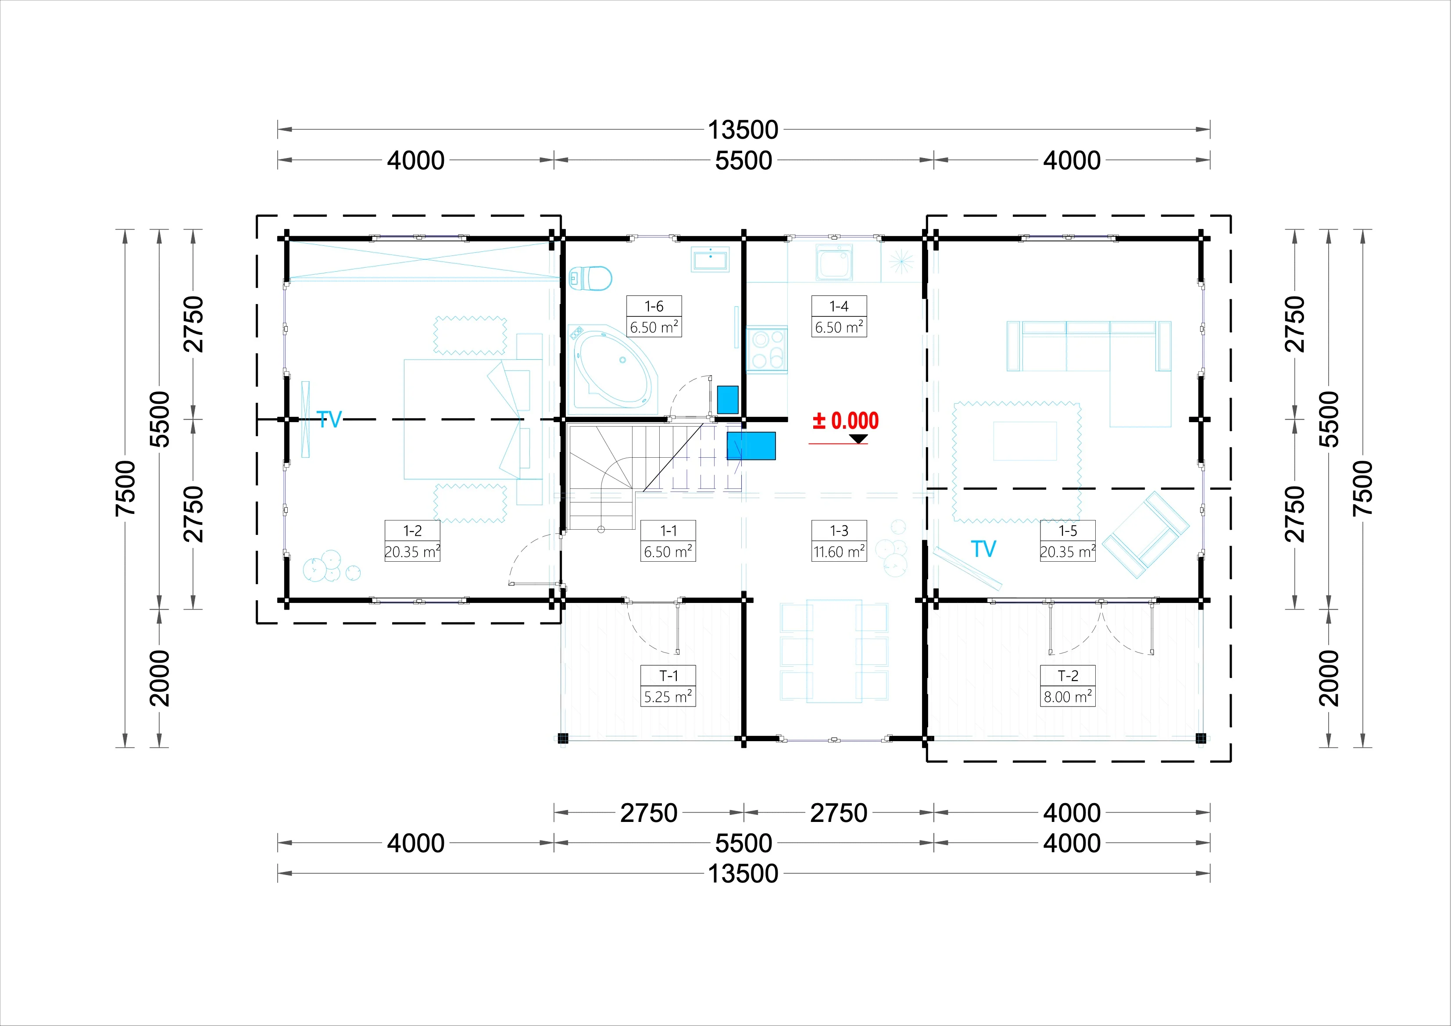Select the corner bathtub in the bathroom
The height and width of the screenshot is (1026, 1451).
(613, 367)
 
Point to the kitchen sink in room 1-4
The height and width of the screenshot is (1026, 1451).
(834, 262)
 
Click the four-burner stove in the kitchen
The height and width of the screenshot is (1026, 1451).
(767, 350)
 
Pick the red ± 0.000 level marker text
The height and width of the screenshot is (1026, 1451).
(846, 421)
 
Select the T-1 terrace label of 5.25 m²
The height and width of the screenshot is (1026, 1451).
(668, 686)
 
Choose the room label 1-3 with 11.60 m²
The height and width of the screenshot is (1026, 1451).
(839, 541)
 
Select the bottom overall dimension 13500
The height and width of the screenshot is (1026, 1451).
(743, 874)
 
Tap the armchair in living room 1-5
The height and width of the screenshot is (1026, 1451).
(1146, 535)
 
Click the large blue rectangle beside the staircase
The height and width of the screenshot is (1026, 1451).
(751, 445)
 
